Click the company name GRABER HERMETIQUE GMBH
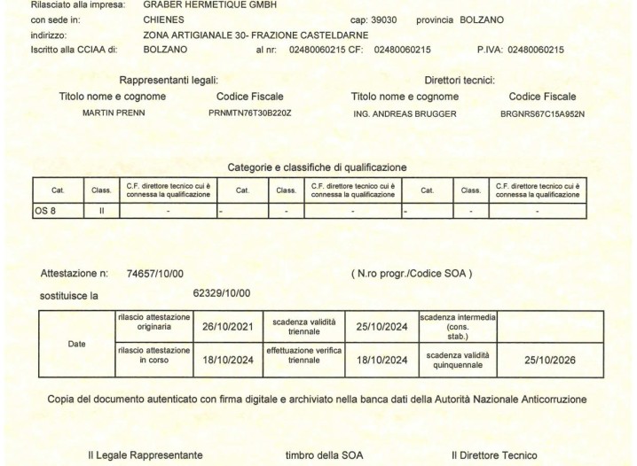pos(193,4)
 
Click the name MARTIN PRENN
pos(112,113)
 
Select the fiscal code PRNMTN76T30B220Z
pos(249,113)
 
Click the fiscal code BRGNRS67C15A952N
pos(542,113)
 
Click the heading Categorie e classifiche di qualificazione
pos(318,167)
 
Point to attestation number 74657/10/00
pos(155,275)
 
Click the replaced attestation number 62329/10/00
pos(222,293)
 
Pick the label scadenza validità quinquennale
pos(457,361)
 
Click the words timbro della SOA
pos(322,455)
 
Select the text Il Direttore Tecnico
pos(494,455)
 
